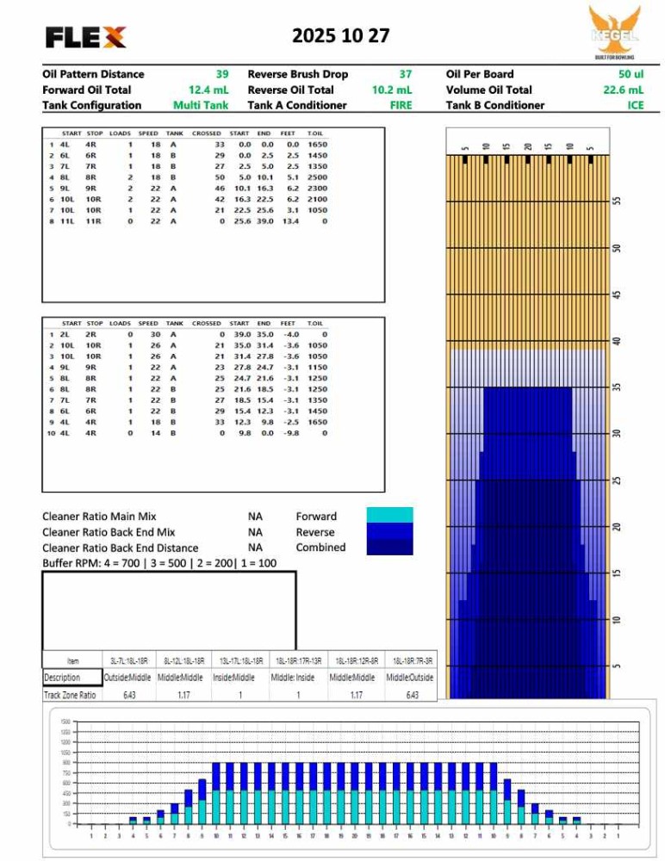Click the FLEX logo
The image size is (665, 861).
pos(86,37)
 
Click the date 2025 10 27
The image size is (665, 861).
pos(340,36)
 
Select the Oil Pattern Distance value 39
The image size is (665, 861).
pos(222,74)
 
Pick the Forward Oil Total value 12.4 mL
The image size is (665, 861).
pos(208,90)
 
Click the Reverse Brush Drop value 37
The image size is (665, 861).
pos(405,74)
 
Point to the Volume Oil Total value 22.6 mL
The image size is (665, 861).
pos(623,90)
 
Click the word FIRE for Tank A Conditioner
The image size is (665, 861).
pos(401,105)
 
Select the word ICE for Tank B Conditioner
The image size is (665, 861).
pos(635,105)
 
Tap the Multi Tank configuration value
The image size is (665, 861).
pos(200,105)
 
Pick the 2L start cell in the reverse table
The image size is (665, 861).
pos(67,334)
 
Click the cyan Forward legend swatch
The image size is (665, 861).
pos(389,515)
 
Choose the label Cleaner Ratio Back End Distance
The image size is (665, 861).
pos(120,548)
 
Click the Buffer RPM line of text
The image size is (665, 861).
pos(159,563)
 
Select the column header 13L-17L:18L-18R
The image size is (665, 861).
pos(236,660)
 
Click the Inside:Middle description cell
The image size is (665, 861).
pos(236,678)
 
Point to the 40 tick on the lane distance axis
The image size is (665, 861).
pos(615,342)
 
